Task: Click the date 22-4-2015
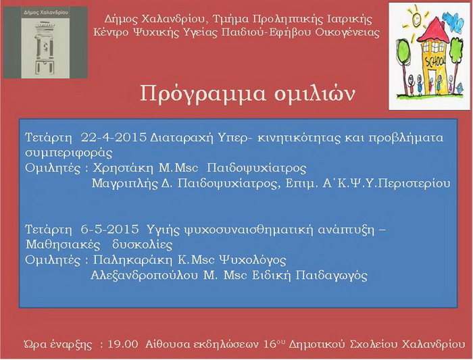[114, 138]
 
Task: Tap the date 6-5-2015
[109, 230]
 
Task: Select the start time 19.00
[123, 344]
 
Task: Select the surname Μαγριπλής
[125, 184]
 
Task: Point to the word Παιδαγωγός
[331, 276]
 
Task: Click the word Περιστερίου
[414, 183]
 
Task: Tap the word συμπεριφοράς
[69, 153]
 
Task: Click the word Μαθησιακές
[63, 245]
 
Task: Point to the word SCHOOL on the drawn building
[434, 61]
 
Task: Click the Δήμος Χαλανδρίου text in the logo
[45, 13]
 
